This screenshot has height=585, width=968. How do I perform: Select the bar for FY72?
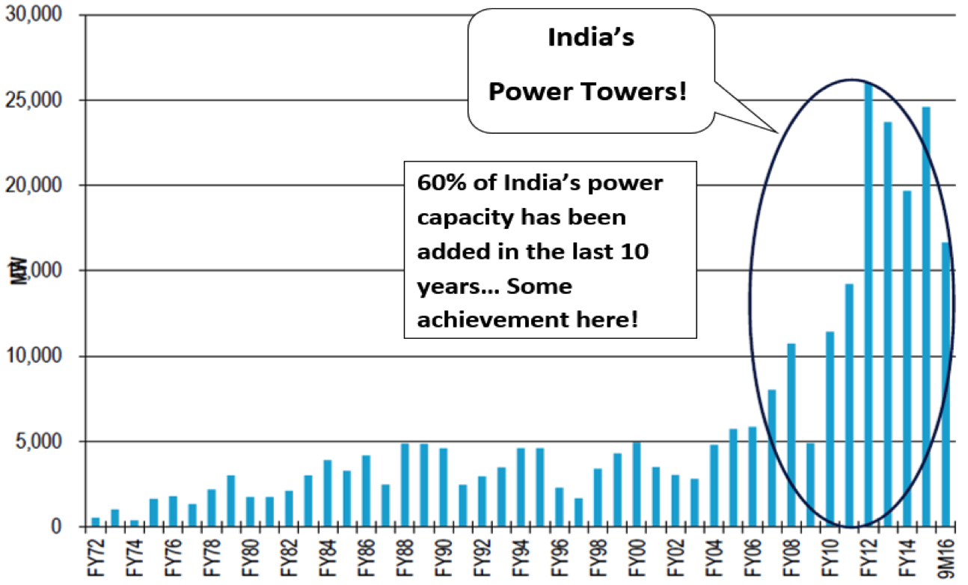click(x=96, y=521)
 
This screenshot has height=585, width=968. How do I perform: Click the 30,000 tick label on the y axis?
click(x=33, y=15)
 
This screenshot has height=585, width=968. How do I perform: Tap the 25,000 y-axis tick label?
click(x=33, y=100)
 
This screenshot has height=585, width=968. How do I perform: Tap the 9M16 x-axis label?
click(x=946, y=557)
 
